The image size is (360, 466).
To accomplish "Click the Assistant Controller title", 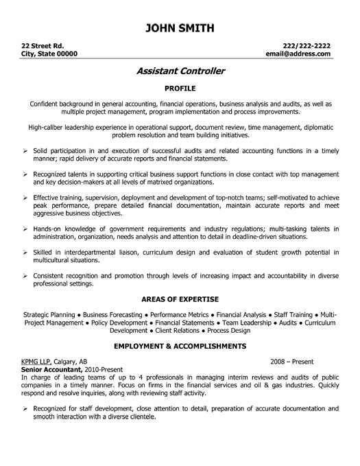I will coord(180,71).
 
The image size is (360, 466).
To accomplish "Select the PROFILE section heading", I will coord(180,89).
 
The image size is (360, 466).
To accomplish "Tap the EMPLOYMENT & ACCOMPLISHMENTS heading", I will coord(180,346).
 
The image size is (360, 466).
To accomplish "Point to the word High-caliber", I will coord(50,128).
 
